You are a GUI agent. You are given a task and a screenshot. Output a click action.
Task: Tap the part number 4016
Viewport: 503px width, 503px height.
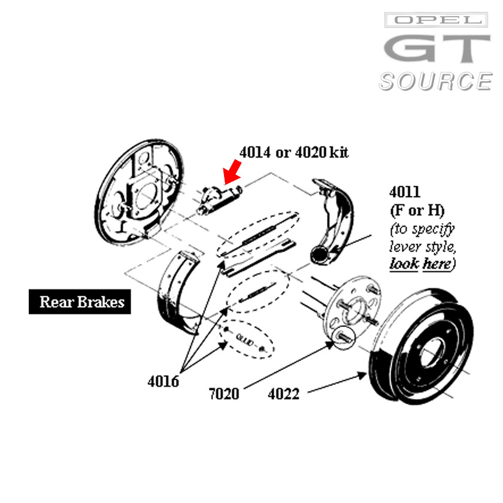pyautogui.click(x=163, y=381)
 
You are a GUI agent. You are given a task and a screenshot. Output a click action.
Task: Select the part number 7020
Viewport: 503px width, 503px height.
pyautogui.click(x=224, y=393)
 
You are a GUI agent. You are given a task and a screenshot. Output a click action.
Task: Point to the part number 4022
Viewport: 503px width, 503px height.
pyautogui.click(x=284, y=393)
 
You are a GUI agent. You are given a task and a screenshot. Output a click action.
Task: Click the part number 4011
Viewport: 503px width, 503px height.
pyautogui.click(x=404, y=192)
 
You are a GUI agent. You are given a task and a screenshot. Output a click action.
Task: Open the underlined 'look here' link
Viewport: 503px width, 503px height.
pyautogui.click(x=422, y=263)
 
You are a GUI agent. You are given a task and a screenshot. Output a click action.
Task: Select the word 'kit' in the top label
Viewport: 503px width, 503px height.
pyautogui.click(x=338, y=152)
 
